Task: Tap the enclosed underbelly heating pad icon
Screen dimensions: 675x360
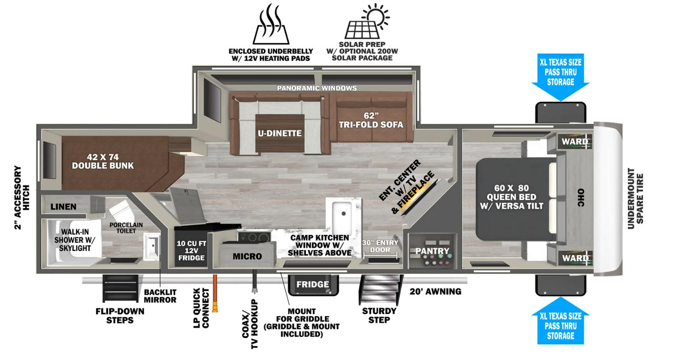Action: point(271,24)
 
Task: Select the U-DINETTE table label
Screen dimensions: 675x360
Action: point(279,134)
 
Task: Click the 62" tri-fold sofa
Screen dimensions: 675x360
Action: point(371,117)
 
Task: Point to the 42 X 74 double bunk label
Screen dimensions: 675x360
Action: point(103,161)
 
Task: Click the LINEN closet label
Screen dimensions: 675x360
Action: point(63,207)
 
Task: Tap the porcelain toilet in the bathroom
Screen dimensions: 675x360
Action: point(122,211)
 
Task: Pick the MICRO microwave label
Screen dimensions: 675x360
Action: point(247,257)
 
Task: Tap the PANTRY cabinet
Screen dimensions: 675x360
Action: point(432,250)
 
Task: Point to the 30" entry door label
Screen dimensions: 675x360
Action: point(380,246)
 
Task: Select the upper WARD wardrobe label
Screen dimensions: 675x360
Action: point(575,141)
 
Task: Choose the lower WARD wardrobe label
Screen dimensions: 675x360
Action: point(575,258)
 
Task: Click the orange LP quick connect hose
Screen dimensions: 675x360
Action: point(215,293)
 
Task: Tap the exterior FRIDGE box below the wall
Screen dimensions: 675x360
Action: point(313,285)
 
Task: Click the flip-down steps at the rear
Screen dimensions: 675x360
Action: point(121,288)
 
